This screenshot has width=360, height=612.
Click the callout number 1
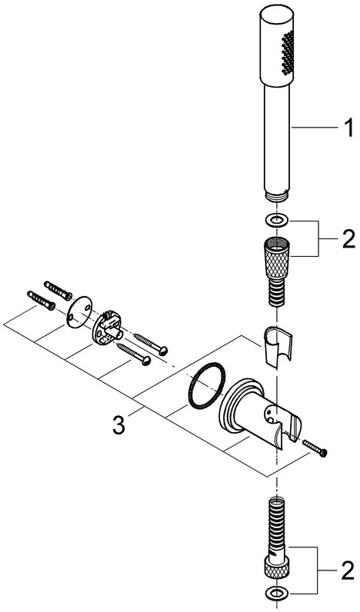coord(347,128)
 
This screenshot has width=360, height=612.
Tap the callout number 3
coord(118,425)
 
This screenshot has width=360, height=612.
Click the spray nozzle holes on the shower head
coord(287,52)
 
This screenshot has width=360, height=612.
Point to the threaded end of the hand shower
coord(276,197)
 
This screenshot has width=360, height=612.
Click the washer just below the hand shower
coord(276,221)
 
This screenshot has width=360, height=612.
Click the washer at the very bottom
coord(276,594)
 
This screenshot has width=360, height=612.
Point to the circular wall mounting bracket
coord(108,328)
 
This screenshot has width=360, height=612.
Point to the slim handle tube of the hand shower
coord(276,138)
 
